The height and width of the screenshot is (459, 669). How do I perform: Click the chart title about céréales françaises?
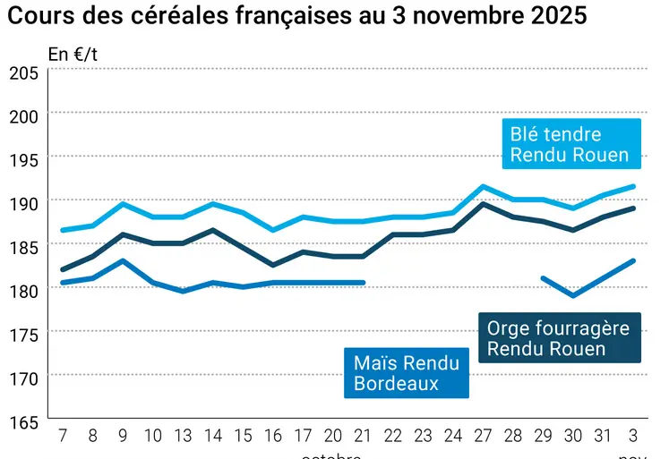298,17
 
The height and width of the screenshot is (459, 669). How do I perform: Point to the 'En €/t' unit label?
73,55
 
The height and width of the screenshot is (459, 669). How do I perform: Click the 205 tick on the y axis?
23,72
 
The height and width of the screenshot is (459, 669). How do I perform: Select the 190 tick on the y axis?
23,203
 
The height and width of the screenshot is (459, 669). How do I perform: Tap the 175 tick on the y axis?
23,335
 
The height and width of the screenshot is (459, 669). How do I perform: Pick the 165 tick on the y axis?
23,421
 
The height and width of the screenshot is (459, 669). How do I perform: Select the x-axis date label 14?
213,436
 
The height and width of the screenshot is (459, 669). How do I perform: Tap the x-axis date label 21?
363,436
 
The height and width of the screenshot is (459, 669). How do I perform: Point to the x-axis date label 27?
483,436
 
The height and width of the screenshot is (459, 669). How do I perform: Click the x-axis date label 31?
603,436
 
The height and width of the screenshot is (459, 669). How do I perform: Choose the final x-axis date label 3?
633,436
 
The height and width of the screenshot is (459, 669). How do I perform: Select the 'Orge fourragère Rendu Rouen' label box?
559,338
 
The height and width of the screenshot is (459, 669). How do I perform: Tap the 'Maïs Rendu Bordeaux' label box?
407,373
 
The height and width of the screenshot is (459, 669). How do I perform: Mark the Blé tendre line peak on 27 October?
483,186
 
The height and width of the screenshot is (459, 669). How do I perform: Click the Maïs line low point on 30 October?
573,295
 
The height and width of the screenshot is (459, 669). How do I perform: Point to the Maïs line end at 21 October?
363,283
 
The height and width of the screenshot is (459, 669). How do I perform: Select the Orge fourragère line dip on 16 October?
273,265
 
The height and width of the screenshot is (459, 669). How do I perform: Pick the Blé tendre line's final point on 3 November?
633,186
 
